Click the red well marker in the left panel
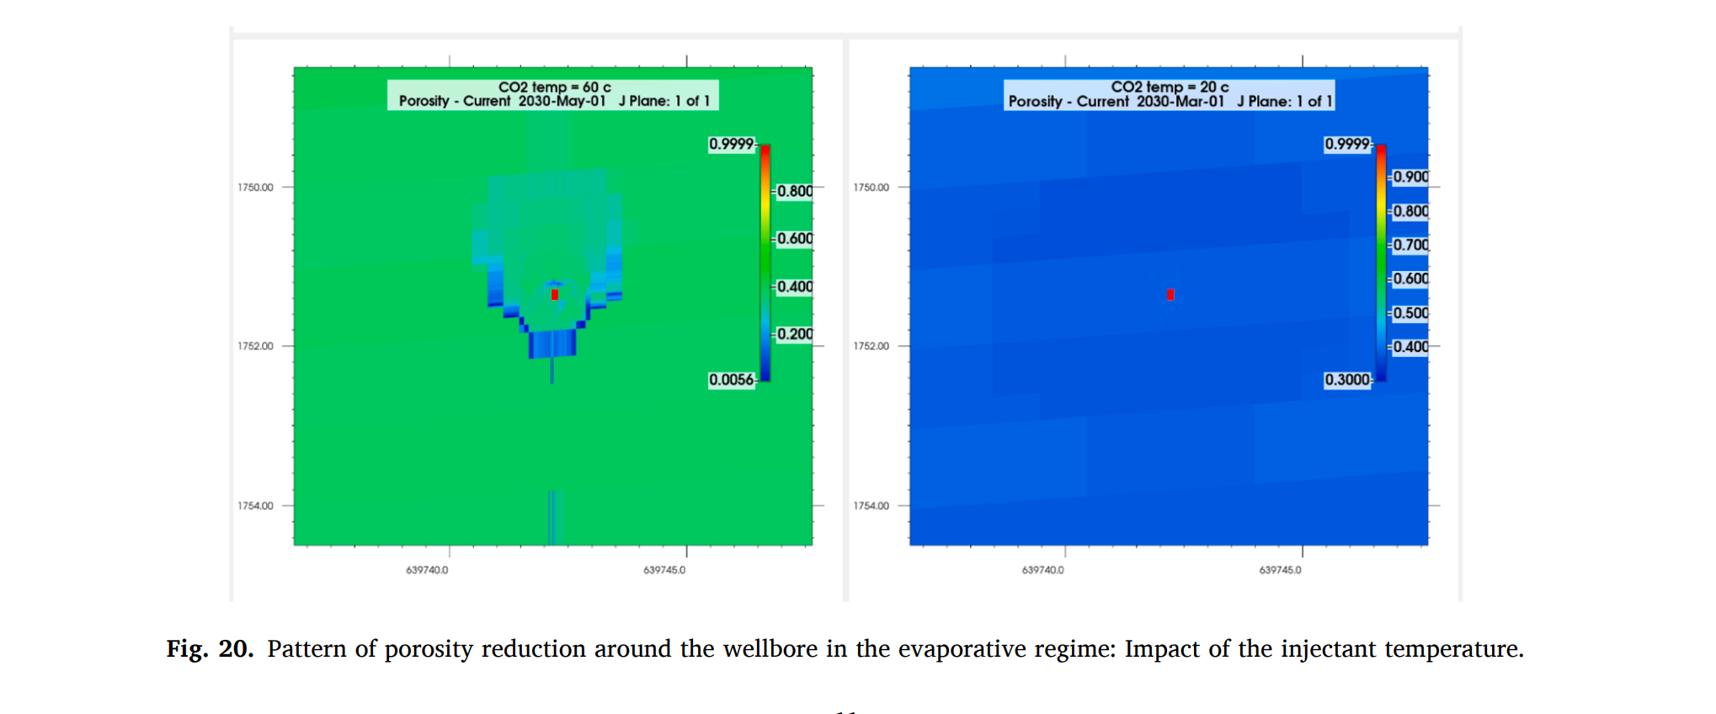tap(555, 295)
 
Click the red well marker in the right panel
tap(1170, 295)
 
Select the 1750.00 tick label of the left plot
tap(255, 188)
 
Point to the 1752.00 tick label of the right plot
tap(871, 346)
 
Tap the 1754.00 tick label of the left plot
tap(255, 506)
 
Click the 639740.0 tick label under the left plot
tap(427, 570)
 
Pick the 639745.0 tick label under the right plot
tap(1280, 570)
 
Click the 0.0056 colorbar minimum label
tap(731, 380)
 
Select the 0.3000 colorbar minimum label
tap(1347, 380)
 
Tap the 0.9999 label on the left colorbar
tap(731, 144)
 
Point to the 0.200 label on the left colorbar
tap(795, 334)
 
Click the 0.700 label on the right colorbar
tap(1410, 245)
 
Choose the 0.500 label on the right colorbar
tap(1410, 313)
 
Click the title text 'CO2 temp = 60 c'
tap(554, 87)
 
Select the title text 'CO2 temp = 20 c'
tap(1170, 87)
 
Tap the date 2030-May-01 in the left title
tap(562, 101)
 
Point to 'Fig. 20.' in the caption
tap(210, 649)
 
